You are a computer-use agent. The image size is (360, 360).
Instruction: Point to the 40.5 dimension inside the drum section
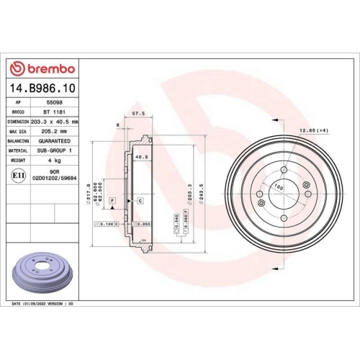click(x=141, y=156)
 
